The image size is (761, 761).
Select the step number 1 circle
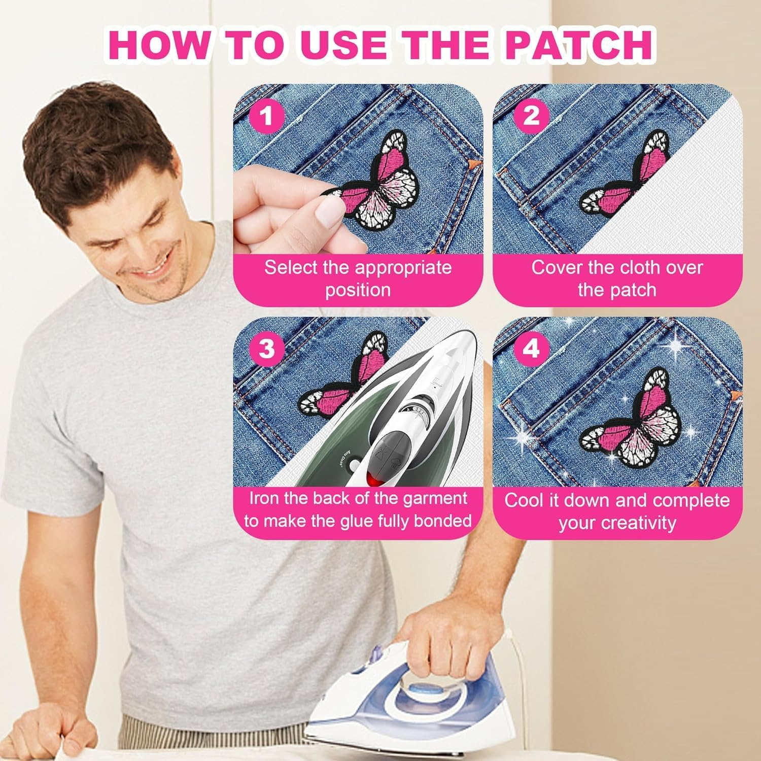pos(266,116)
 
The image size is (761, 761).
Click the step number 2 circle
pos(530,116)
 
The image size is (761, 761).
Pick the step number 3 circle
pos(266,349)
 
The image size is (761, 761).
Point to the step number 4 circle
pos(530,349)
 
